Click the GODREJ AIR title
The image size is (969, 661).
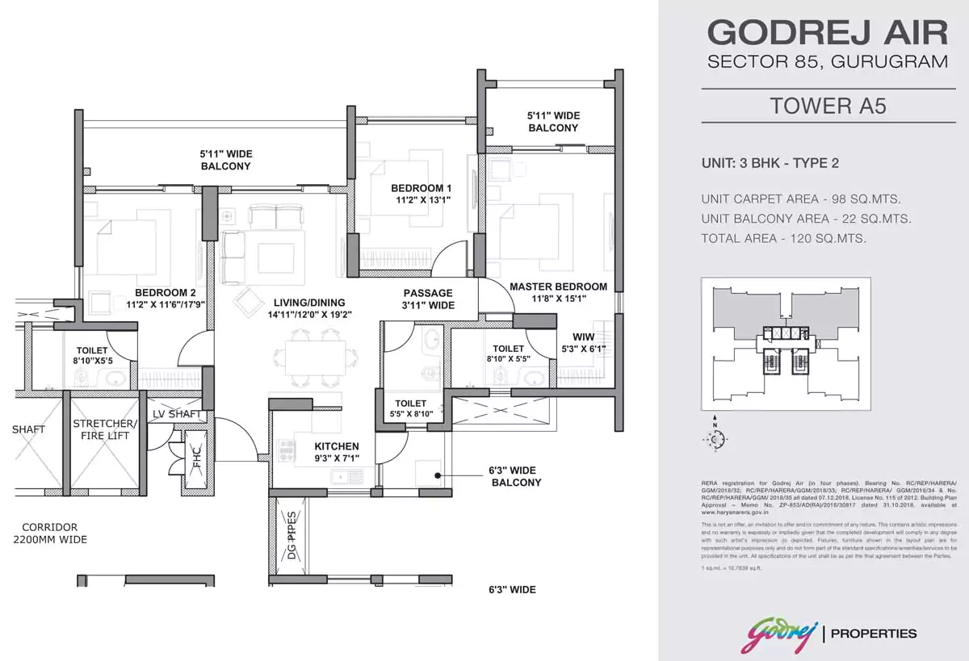pos(827,33)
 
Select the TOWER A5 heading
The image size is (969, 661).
pos(828,107)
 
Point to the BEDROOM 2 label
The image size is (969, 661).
pos(166,299)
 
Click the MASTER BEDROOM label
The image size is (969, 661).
pos(558,292)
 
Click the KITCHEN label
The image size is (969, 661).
pos(337,452)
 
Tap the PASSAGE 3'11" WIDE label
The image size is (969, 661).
pos(429,299)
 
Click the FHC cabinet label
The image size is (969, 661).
pos(196,458)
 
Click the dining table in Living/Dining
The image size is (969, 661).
pos(310,357)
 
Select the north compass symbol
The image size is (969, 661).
pos(714,437)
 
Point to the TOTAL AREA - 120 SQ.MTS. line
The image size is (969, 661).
pos(784,238)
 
